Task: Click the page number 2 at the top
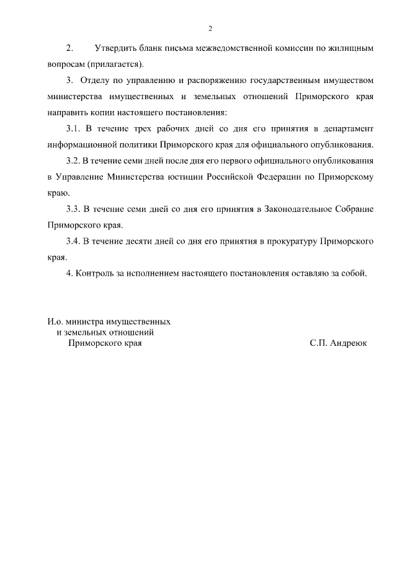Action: pyautogui.click(x=210, y=29)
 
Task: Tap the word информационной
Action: pyautogui.click(x=82, y=145)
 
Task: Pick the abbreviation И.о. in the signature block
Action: pyautogui.click(x=56, y=322)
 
